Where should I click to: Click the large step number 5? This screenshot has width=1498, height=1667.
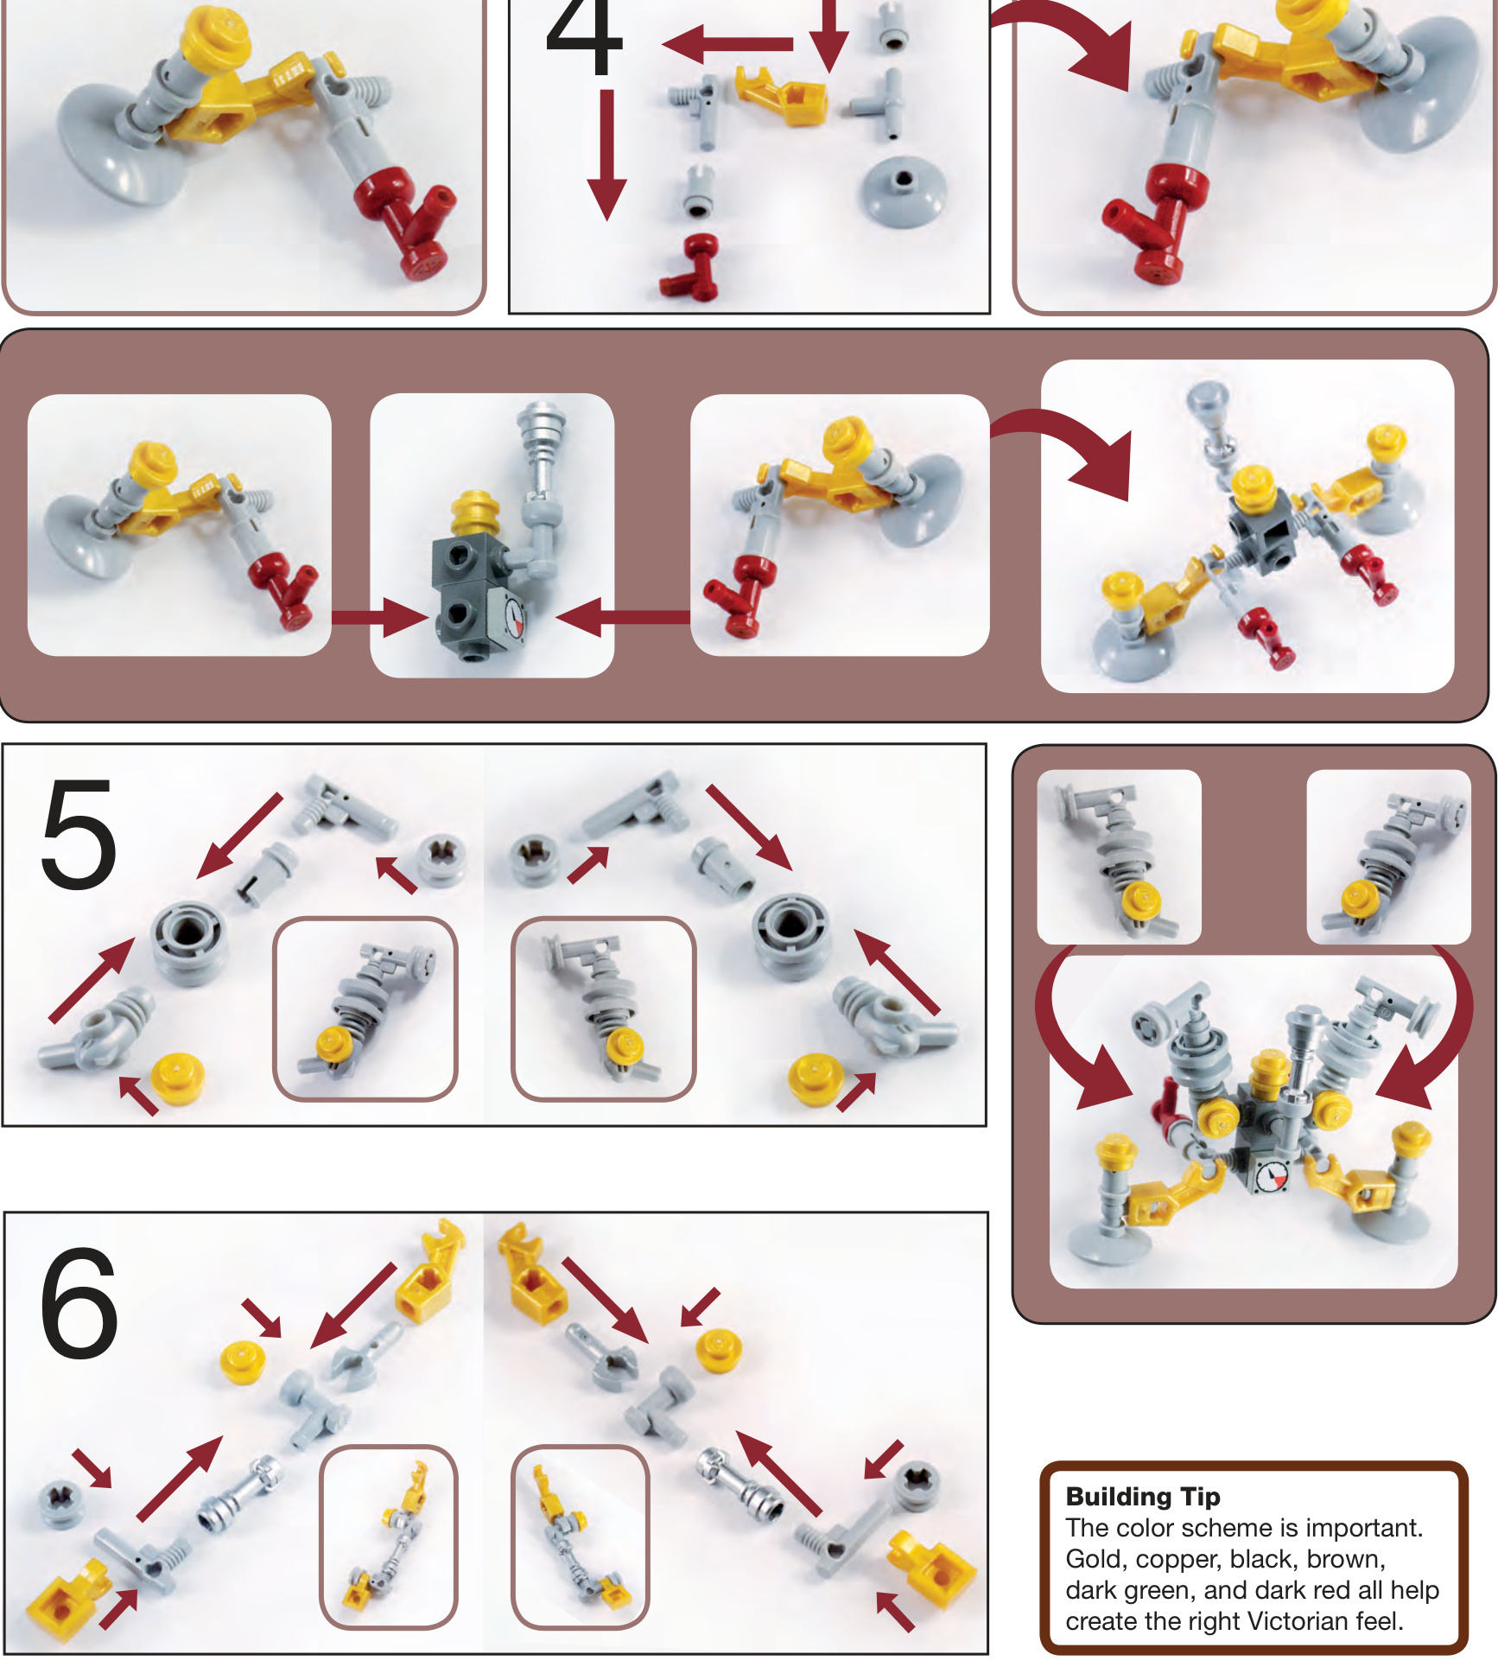coord(79,833)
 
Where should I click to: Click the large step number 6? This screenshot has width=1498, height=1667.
coord(79,1302)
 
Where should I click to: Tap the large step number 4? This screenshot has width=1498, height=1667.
coord(585,35)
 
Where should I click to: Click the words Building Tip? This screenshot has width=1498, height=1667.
coord(1142,1497)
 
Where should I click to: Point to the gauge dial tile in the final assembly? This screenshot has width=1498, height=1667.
coord(1272,1177)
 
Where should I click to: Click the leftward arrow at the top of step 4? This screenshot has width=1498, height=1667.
coord(728,43)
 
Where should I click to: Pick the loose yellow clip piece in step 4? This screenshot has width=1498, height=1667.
coord(782,94)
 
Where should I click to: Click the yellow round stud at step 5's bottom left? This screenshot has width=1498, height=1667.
coord(177,1078)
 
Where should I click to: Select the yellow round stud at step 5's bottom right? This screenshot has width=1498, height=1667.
coord(816,1080)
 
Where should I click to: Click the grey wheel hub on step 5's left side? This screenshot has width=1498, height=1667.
coord(191,942)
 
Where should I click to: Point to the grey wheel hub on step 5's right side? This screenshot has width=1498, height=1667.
coord(792,937)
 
